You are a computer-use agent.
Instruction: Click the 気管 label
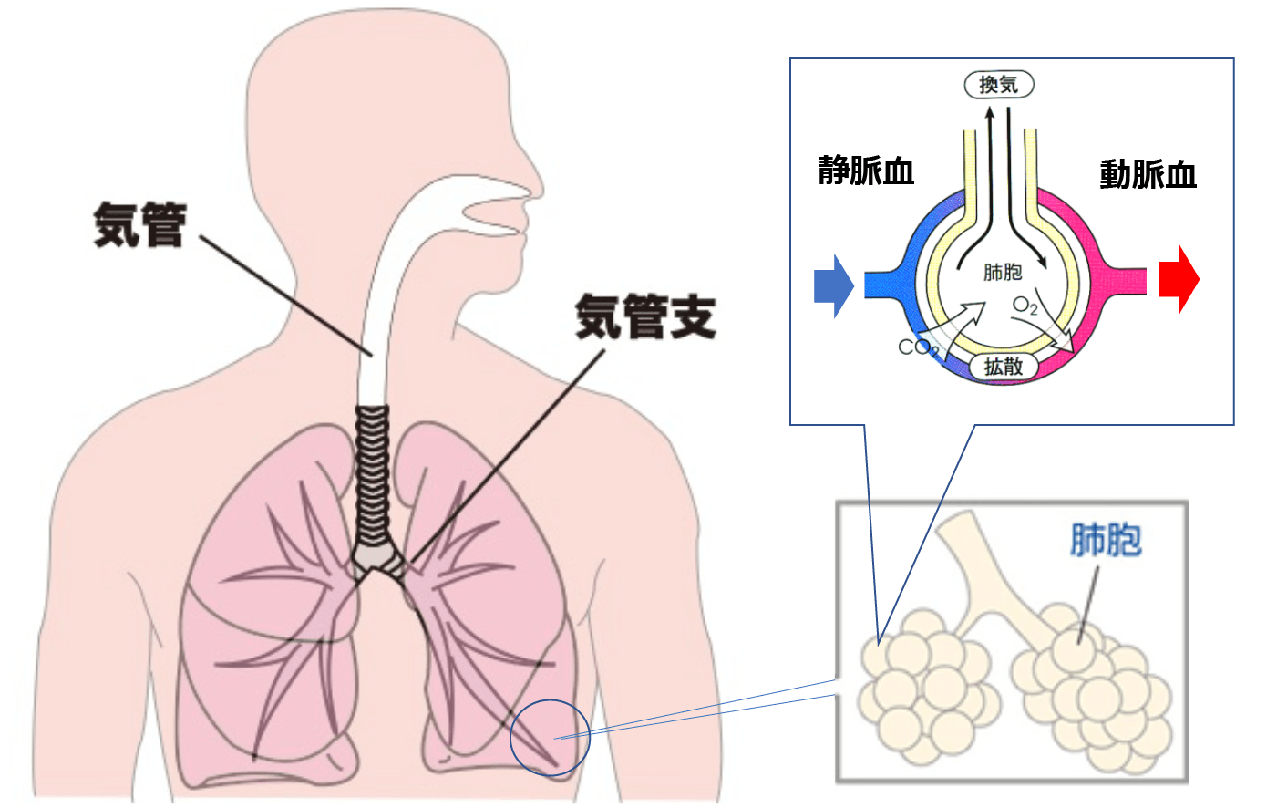[139, 225]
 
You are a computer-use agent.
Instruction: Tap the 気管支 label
[645, 317]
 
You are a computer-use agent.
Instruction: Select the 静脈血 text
[865, 171]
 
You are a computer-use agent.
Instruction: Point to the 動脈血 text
[1148, 174]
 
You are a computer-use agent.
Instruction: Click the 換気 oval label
[999, 85]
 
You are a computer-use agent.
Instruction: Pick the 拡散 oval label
[1004, 367]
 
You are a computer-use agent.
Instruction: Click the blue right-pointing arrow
[833, 285]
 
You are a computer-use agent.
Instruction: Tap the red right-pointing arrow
[1179, 279]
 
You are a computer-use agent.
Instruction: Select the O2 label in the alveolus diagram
[1025, 306]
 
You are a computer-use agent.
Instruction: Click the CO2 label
[916, 347]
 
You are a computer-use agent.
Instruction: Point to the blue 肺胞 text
[1106, 540]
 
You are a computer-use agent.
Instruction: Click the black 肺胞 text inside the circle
[1003, 272]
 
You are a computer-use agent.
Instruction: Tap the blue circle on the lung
[550, 737]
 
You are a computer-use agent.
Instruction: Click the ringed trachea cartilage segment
[372, 474]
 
